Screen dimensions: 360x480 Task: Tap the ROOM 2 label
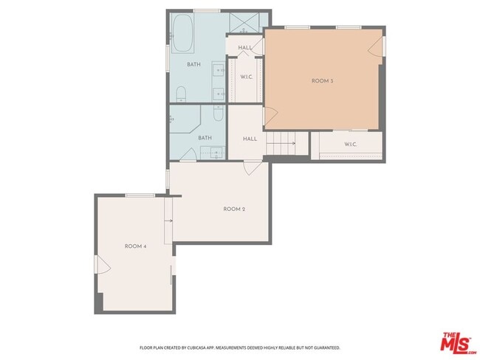[x=234, y=210]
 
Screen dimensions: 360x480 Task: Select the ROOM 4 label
[x=135, y=246]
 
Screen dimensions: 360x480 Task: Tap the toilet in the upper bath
[x=181, y=94]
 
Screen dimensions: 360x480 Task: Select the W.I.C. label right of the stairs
[x=350, y=144]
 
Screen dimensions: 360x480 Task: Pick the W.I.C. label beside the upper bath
[x=247, y=77]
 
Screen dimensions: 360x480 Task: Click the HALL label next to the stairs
[x=250, y=138]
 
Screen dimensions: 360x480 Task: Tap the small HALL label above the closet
[x=245, y=48]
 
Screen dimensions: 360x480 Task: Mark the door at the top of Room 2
[x=253, y=168]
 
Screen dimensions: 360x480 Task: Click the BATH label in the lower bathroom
[x=205, y=137]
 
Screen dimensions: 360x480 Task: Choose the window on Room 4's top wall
[x=140, y=195]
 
